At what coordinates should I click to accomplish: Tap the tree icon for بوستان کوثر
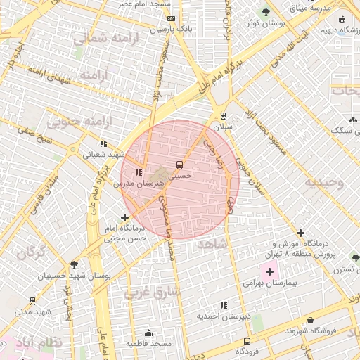point(266,12)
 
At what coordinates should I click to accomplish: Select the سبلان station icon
point(223,116)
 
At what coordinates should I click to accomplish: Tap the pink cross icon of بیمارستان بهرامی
point(269,271)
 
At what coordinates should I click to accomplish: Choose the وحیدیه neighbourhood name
point(324,183)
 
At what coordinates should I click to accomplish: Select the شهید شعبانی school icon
point(104,143)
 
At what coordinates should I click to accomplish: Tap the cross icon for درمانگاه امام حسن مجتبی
point(125,218)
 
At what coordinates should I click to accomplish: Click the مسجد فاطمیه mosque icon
point(148,333)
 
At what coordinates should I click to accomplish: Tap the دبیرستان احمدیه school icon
point(224,305)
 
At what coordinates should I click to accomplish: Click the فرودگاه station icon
point(246,340)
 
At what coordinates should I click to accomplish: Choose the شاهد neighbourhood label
point(213,243)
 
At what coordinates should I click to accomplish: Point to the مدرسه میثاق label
point(310,8)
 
